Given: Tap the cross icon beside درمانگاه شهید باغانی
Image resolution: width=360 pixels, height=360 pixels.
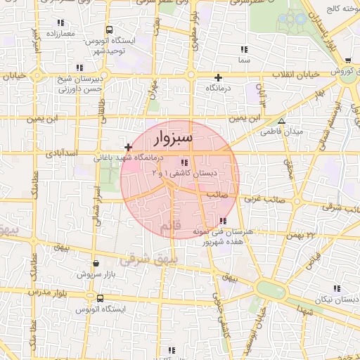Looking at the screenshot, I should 127,147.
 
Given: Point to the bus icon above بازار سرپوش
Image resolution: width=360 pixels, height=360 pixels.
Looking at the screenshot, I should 96,264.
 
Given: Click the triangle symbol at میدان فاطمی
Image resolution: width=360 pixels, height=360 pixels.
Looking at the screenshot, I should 281,121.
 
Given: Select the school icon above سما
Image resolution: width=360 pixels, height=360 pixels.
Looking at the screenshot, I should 244,50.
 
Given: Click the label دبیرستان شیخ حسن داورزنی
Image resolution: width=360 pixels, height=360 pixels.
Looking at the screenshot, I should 79,84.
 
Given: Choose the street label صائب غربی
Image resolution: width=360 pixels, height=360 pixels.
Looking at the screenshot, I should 260,199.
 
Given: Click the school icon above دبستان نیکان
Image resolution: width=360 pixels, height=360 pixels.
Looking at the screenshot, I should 336,288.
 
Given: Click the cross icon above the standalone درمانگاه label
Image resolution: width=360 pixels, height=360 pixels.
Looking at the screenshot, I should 218,77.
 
